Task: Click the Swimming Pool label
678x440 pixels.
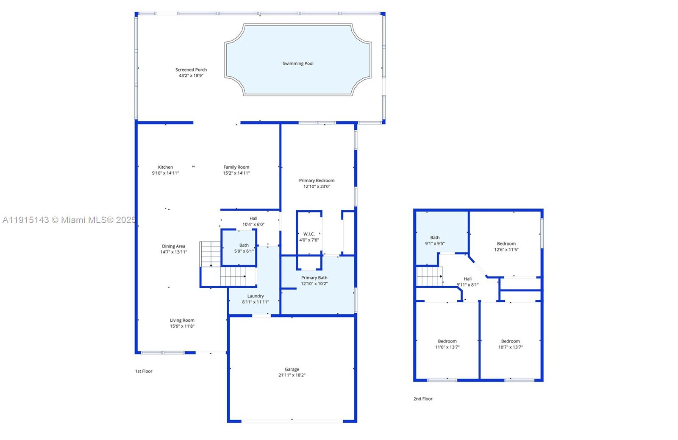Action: [x=298, y=64]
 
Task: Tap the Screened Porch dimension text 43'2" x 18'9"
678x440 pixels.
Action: [x=191, y=75]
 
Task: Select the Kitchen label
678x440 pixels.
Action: [x=165, y=167]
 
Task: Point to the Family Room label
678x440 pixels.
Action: [x=236, y=167]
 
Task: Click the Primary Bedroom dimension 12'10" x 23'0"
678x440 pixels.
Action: [x=317, y=187]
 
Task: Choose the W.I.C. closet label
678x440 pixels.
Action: [x=309, y=234]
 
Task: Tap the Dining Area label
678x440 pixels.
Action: [x=173, y=246]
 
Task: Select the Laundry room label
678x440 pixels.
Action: [x=256, y=296]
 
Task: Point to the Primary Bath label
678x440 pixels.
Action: [x=314, y=278]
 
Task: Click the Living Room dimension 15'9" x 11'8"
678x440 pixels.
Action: [x=182, y=326]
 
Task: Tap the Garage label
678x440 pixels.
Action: [x=292, y=369]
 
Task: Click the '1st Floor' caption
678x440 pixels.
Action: [x=144, y=371]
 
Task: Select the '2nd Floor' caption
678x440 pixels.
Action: [x=423, y=399]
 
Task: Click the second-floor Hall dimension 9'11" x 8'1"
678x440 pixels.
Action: [x=468, y=285]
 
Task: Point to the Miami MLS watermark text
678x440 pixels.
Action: [x=69, y=220]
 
